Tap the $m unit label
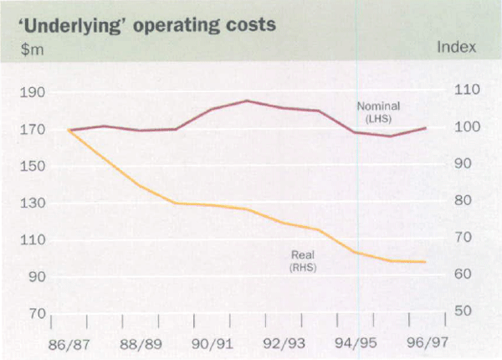tap(27, 48)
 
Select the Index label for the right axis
tap(457, 48)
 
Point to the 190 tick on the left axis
tap(30, 93)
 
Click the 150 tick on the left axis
tap(30, 167)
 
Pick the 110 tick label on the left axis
tap(30, 240)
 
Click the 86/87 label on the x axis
tap(52, 343)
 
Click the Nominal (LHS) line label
tap(379, 112)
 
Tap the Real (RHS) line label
tap(301, 260)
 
